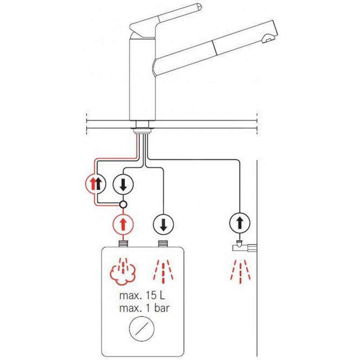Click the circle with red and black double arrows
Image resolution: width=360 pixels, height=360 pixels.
(x=95, y=184)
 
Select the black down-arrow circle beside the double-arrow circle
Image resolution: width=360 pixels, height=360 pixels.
(x=123, y=184)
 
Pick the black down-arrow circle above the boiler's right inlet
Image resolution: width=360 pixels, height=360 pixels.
(x=163, y=224)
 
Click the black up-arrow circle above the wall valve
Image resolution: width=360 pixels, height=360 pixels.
(x=240, y=223)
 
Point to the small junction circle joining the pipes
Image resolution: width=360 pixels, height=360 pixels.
(x=123, y=204)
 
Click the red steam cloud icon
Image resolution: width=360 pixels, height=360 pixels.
(x=123, y=272)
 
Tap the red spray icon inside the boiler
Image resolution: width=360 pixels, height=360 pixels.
(x=163, y=271)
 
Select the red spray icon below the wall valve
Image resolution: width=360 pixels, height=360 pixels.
(x=240, y=272)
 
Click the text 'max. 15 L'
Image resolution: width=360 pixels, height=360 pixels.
(x=142, y=296)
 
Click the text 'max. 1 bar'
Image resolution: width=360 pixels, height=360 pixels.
(x=144, y=308)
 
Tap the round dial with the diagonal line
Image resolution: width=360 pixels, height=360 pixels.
(x=142, y=328)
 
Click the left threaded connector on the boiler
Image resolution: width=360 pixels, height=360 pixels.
(x=123, y=243)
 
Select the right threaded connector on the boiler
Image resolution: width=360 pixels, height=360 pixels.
(x=163, y=243)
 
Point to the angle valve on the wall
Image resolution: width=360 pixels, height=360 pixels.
(x=244, y=246)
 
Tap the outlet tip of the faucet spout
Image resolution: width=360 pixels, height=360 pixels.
(x=269, y=39)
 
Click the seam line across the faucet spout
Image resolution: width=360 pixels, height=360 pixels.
(x=215, y=48)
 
